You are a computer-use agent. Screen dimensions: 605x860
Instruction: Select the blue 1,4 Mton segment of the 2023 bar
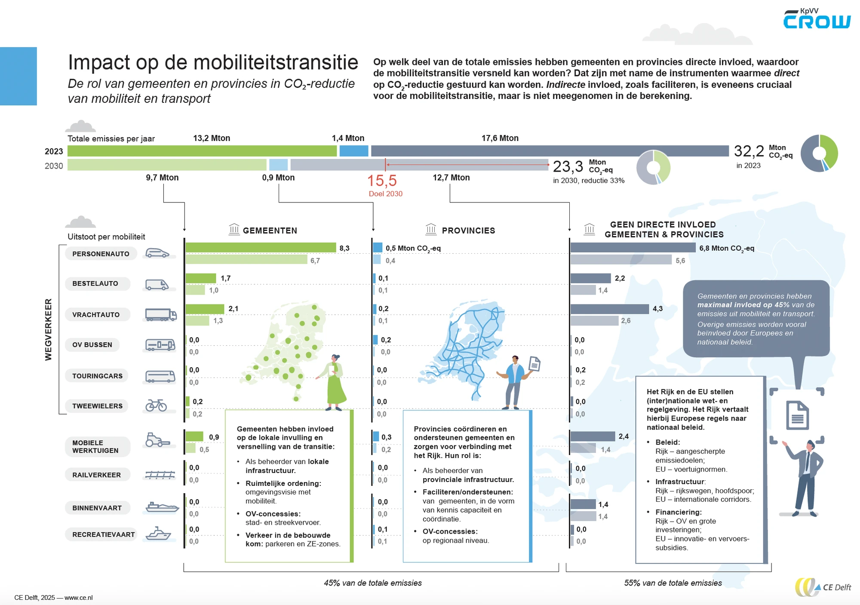click(353, 151)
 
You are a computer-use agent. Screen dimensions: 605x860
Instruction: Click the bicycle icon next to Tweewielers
click(156, 405)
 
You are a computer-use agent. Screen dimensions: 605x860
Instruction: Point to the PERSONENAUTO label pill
click(101, 254)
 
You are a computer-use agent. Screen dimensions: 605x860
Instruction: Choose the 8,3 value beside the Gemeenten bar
click(344, 248)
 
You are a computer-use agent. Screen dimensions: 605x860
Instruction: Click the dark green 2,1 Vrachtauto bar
click(205, 309)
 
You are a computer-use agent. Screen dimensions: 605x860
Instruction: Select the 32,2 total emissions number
click(749, 151)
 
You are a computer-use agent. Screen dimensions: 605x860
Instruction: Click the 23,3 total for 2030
click(568, 166)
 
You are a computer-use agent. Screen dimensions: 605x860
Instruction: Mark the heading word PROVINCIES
click(468, 230)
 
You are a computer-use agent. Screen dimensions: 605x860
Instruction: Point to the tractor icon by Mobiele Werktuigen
click(157, 440)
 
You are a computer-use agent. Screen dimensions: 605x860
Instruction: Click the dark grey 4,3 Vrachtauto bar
click(609, 309)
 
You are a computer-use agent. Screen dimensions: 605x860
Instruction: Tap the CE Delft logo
click(823, 587)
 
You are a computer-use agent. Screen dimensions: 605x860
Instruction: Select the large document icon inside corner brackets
click(797, 415)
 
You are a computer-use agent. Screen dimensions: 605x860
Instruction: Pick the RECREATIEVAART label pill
click(103, 534)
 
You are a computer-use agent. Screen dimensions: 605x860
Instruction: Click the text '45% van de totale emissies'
click(372, 583)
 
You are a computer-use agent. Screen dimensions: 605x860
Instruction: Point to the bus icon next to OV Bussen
click(160, 345)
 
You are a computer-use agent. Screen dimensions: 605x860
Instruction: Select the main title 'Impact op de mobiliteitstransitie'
click(213, 63)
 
